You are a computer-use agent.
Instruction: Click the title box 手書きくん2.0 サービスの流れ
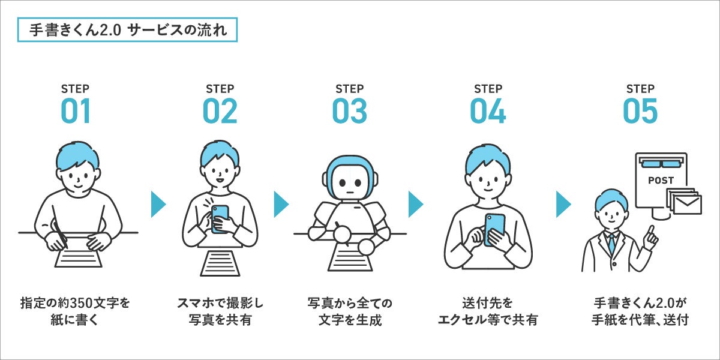[127, 30]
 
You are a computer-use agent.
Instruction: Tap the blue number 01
[76, 111]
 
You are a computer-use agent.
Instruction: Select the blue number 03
[349, 111]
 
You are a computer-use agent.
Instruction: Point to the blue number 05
[640, 111]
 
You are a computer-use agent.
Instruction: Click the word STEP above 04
[488, 89]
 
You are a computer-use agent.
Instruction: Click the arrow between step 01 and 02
[158, 205]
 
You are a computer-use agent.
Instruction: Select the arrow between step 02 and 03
[281, 205]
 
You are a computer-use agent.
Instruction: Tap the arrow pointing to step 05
[563, 205]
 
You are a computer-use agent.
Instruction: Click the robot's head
[350, 178]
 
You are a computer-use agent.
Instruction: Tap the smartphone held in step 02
[220, 218]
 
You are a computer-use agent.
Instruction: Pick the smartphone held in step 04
[494, 229]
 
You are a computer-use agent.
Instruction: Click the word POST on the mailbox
[661, 181]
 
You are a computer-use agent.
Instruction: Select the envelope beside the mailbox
[687, 205]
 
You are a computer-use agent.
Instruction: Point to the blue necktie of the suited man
[611, 244]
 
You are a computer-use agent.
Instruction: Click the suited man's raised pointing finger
[651, 232]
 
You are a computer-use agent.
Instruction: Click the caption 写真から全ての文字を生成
[350, 311]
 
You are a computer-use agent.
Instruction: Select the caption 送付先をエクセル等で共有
[488, 311]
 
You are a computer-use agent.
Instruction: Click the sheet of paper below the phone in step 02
[220, 263]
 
